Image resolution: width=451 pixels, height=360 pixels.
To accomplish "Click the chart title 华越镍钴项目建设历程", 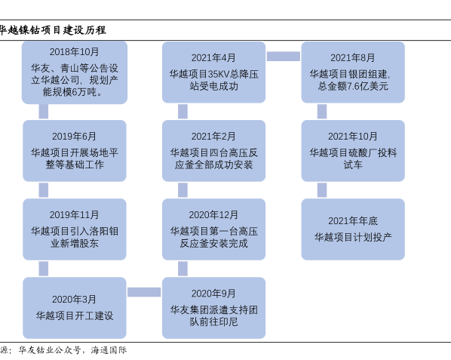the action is (53, 30).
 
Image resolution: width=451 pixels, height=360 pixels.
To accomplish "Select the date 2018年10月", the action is (74, 52).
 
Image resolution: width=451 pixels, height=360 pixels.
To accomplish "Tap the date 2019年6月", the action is (74, 137).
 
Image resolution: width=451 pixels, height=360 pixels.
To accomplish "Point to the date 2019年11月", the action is (74, 215).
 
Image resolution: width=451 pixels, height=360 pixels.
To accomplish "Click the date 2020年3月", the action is (74, 300).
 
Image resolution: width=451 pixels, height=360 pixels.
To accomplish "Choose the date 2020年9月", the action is (213, 294).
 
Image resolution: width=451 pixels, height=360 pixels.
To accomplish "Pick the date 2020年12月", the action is (213, 215).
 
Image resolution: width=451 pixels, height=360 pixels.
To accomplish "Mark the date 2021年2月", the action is (213, 137).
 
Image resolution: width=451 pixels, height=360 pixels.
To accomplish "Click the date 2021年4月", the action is (213, 58).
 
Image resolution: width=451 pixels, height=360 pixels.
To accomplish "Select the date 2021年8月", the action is (353, 58).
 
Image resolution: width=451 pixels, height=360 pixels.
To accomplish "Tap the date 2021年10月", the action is (353, 137).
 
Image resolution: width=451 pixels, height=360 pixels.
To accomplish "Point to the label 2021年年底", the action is (353, 221).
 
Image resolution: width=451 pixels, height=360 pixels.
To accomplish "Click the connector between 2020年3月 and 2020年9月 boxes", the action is (144, 292).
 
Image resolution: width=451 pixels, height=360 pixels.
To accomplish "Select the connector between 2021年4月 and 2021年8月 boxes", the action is (284, 57).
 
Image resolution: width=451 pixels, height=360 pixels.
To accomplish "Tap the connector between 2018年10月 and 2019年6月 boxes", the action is (44, 112).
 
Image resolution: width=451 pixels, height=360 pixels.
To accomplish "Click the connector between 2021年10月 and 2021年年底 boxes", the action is (322, 190).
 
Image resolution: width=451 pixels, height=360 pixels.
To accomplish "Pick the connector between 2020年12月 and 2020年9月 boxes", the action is (183, 269).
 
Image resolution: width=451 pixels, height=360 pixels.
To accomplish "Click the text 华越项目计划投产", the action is (353, 238).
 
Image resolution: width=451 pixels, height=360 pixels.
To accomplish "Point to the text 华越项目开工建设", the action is (75, 315).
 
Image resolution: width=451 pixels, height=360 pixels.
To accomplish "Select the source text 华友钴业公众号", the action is (50, 350).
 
